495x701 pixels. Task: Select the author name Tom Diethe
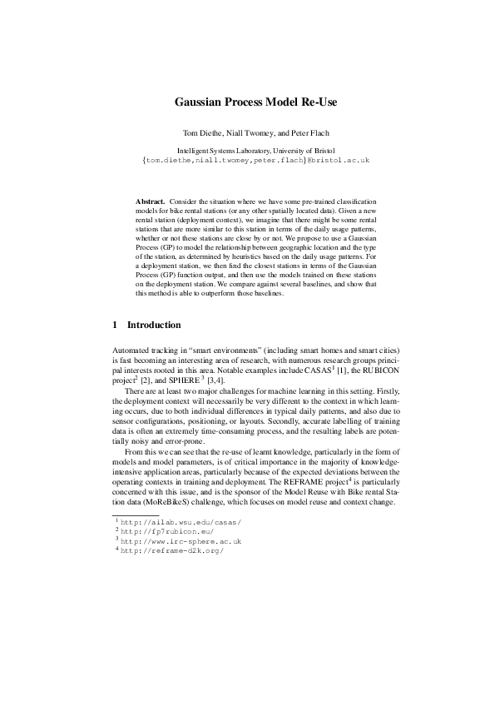point(203,132)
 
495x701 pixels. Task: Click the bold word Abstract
point(149,201)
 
